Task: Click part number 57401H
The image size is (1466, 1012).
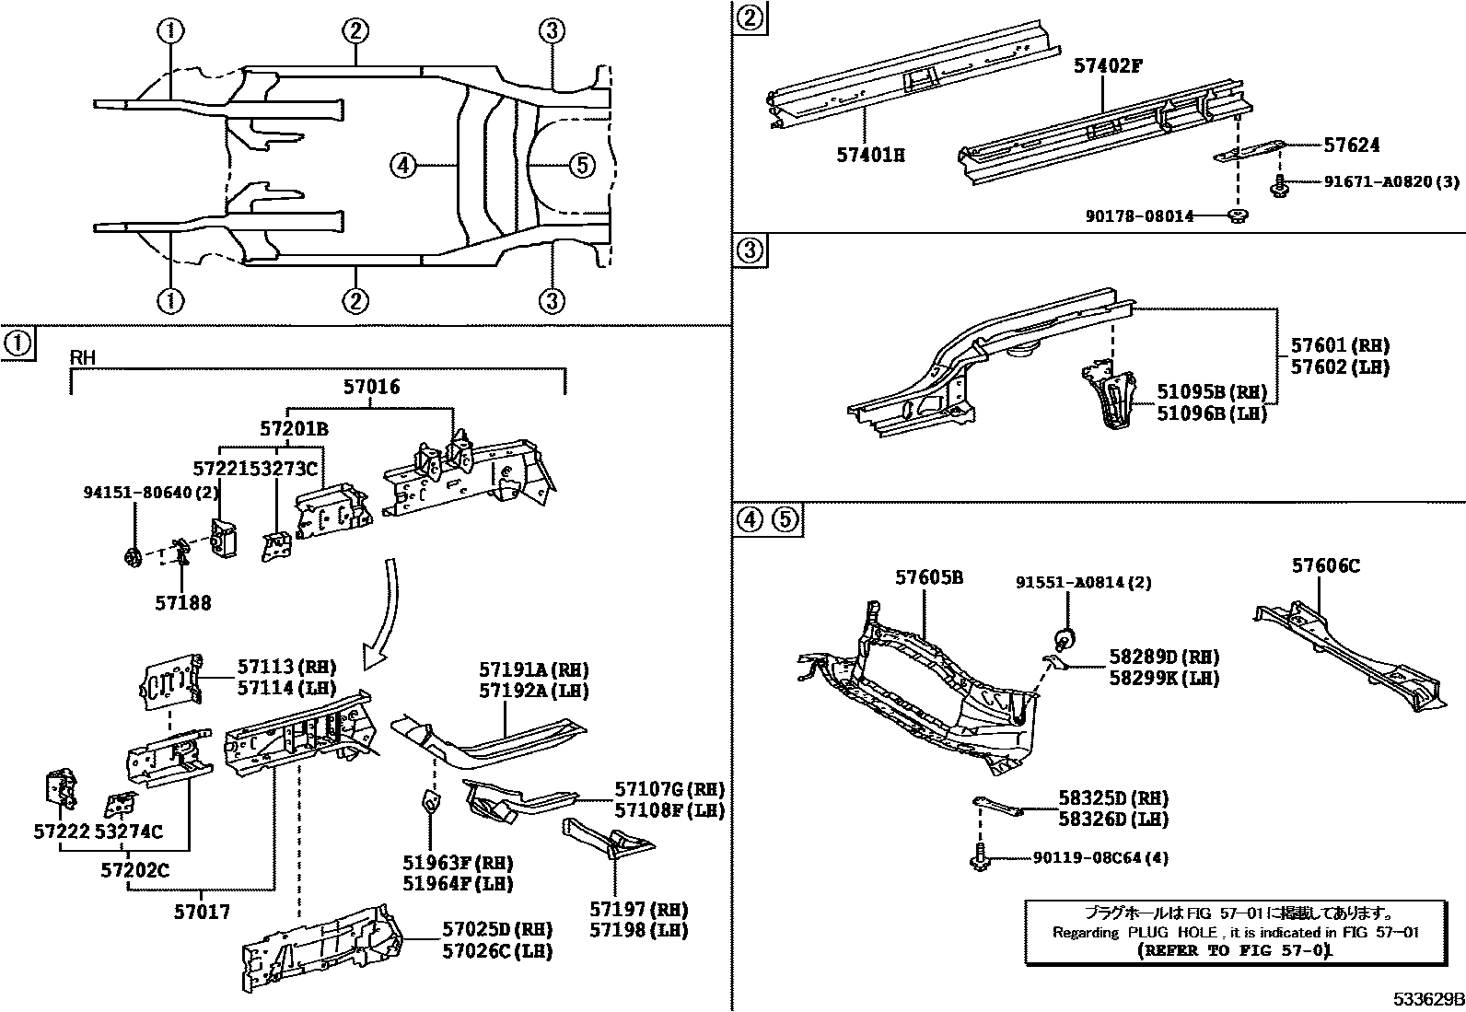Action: [x=870, y=155]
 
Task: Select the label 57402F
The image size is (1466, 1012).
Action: [x=1108, y=65]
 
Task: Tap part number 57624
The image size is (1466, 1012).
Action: [x=1351, y=145]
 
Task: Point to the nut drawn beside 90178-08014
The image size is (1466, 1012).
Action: [x=1238, y=216]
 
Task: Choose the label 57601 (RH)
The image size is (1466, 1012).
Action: [x=1339, y=346]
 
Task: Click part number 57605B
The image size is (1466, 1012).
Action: [x=929, y=577]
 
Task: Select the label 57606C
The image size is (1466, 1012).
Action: [x=1325, y=565]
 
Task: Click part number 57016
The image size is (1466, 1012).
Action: [x=372, y=387]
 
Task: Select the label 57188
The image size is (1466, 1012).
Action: [x=182, y=602]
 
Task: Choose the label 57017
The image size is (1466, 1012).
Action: [x=202, y=912]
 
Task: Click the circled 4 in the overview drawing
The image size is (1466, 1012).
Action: [x=402, y=166]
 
